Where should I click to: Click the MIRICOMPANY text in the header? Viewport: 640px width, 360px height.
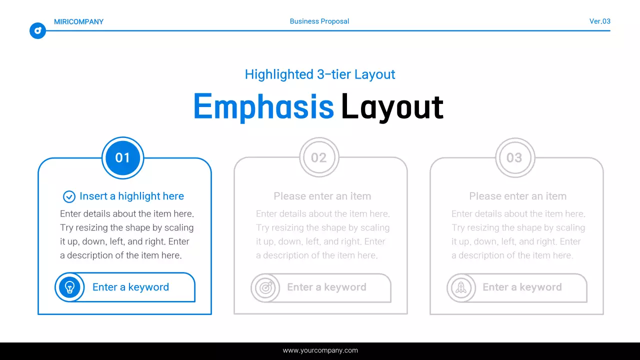pyautogui.click(x=78, y=21)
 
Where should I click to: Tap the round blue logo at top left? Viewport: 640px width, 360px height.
pyautogui.click(x=37, y=31)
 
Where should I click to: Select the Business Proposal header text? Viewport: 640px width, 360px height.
pyautogui.click(x=319, y=21)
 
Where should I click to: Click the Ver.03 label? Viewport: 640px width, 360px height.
pyautogui.click(x=599, y=21)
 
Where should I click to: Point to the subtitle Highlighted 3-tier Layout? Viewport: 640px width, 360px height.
pyautogui.click(x=320, y=74)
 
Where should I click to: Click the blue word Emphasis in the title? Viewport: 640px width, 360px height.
pyautogui.click(x=263, y=106)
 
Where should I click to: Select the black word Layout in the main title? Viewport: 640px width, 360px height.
pyautogui.click(x=392, y=106)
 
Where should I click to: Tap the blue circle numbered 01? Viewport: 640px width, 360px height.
pyautogui.click(x=122, y=158)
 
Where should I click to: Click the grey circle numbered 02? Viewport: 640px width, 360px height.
pyautogui.click(x=319, y=158)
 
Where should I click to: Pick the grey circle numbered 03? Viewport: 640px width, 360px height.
pyautogui.click(x=514, y=158)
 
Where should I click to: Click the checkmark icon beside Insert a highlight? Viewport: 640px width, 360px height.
pyautogui.click(x=69, y=196)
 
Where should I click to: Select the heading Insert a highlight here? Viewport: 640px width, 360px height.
pyautogui.click(x=131, y=196)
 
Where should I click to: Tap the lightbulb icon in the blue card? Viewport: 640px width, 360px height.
pyautogui.click(x=70, y=287)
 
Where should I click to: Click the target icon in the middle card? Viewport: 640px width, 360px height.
pyautogui.click(x=265, y=287)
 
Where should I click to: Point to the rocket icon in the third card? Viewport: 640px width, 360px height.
pyautogui.click(x=461, y=287)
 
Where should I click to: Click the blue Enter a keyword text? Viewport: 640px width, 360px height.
pyautogui.click(x=130, y=287)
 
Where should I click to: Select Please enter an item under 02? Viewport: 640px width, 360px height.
pyautogui.click(x=322, y=196)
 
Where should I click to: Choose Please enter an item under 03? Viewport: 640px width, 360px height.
pyautogui.click(x=517, y=196)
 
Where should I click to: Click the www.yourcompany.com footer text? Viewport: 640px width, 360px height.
pyautogui.click(x=320, y=350)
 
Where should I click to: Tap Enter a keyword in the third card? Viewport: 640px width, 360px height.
pyautogui.click(x=522, y=287)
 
